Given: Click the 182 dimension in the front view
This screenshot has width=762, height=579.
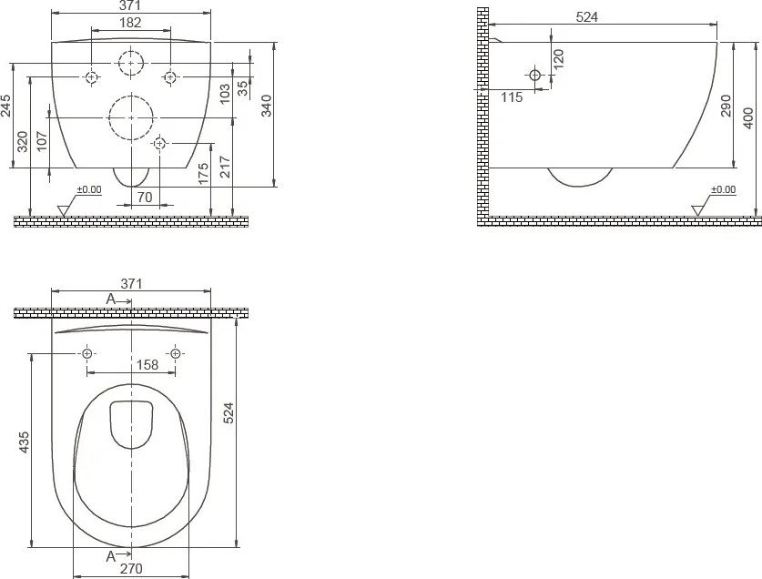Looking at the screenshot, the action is (x=130, y=23).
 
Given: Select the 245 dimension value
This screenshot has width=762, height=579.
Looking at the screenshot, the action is (x=5, y=106).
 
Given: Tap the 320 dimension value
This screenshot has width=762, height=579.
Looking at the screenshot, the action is (x=23, y=141).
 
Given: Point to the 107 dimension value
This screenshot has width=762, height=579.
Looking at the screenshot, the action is (x=42, y=141).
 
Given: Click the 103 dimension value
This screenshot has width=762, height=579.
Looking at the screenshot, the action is (x=225, y=94).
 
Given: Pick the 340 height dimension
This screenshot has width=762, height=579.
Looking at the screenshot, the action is (x=267, y=106).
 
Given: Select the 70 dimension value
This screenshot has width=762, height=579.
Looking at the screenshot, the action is (x=145, y=197).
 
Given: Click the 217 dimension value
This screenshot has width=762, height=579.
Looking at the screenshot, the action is (x=225, y=167).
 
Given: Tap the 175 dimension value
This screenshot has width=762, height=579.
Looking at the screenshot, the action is (x=203, y=173).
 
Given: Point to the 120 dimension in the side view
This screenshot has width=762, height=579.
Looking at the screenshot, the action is (x=558, y=58).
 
